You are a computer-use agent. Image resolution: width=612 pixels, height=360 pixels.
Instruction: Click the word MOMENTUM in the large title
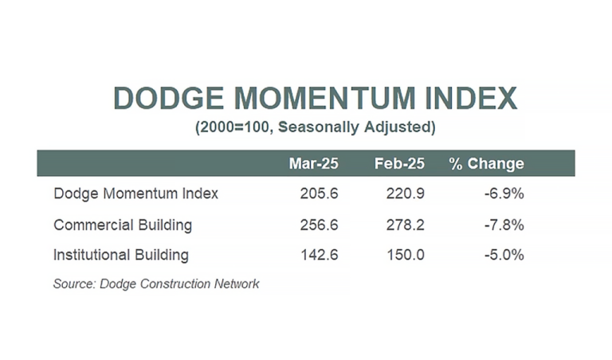click(325, 98)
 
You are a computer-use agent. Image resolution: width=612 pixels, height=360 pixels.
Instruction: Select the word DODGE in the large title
click(169, 98)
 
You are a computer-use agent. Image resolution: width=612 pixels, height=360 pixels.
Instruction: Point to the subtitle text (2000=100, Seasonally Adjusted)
click(316, 127)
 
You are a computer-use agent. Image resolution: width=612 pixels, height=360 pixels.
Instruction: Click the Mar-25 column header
click(313, 163)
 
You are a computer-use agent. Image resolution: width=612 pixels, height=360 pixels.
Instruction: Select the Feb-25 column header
click(399, 163)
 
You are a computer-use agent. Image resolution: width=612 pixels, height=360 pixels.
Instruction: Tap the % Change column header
click(486, 163)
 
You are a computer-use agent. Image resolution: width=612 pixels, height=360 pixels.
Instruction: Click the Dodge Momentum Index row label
click(135, 194)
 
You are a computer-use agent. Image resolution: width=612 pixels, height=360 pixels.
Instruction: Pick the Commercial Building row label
click(123, 225)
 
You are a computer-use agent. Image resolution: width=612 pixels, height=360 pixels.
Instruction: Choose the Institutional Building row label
click(121, 255)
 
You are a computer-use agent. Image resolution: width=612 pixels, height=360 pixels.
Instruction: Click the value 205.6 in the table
click(319, 194)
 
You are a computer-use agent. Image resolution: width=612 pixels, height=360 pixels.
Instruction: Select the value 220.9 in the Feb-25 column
click(405, 194)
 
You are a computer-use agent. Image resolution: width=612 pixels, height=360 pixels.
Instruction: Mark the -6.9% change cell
click(504, 194)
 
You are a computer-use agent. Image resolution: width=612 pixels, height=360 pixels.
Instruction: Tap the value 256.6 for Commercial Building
click(319, 225)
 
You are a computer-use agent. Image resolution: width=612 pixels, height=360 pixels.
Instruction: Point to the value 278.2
click(405, 225)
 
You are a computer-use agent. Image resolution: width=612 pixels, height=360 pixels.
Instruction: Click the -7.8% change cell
click(504, 225)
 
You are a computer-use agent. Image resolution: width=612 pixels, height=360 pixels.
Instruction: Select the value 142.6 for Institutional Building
click(319, 255)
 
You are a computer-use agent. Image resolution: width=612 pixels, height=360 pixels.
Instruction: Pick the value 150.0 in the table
click(405, 255)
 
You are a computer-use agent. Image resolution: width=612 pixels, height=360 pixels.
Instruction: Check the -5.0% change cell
click(504, 255)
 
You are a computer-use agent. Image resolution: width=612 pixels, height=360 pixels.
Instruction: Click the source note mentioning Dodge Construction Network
click(156, 284)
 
